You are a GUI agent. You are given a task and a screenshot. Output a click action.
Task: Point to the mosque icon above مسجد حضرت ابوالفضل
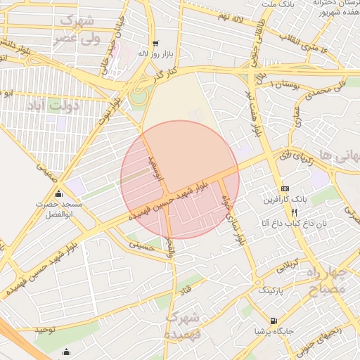[x=58, y=194]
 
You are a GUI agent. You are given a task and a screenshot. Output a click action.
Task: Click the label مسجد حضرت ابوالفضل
[x=60, y=207]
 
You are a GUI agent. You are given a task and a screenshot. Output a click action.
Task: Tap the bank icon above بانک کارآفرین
[x=284, y=188]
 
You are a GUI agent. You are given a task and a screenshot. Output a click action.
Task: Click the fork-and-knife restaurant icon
[x=295, y=211]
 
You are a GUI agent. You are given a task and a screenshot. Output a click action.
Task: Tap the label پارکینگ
[x=275, y=290]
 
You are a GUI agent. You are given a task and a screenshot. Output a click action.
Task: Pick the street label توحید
[x=46, y=329]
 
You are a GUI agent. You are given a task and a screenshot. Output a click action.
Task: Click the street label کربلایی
[x=286, y=266]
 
